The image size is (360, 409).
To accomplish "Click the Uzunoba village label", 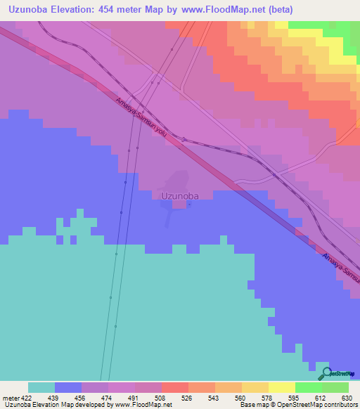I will click(x=176, y=197).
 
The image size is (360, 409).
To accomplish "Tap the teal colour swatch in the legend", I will click(x=41, y=387).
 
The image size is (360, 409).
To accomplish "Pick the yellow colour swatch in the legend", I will click(x=282, y=387).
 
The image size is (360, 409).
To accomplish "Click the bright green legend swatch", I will click(x=309, y=387).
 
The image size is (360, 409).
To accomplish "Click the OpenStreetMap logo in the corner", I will click(x=337, y=374).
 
